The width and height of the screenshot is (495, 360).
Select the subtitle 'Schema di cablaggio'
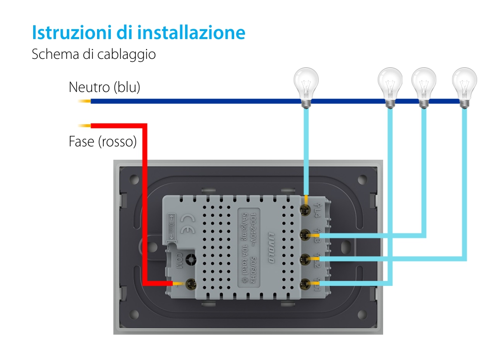pos(94,54)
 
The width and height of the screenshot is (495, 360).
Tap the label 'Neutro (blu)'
pos(104,88)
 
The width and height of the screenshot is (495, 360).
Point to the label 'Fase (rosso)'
pos(102,142)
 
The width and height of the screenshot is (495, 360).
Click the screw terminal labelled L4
pos(305,209)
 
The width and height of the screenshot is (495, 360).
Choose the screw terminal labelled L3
pos(305,234)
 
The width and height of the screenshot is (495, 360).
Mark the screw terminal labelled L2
pos(305,258)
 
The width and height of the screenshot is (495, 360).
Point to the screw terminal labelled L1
pos(305,283)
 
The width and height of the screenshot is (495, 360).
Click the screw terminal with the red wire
pos(188,284)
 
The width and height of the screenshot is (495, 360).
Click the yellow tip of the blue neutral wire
pos(84,101)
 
